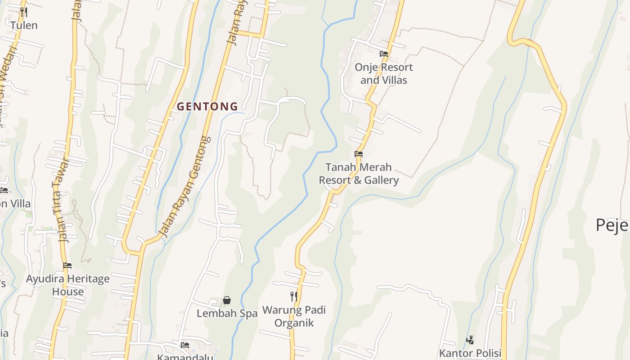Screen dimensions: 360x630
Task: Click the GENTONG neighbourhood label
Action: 207,107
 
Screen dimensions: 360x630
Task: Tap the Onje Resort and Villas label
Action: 383,74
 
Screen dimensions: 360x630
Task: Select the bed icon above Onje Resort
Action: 383,54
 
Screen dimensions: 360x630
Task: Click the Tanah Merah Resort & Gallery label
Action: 359,174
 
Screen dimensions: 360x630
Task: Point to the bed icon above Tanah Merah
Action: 359,154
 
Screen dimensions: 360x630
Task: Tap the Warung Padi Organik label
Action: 294,316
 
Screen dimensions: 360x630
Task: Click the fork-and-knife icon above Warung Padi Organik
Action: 294,296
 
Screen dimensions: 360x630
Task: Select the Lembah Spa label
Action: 227,314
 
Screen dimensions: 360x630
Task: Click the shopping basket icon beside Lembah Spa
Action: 227,300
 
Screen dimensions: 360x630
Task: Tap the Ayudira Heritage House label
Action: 67,285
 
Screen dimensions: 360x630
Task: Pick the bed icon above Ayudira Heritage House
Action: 67,265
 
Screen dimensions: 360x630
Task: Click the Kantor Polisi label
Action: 470,353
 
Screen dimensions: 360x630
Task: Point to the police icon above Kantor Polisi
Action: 470,340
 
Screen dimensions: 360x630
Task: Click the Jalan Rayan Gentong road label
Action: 186,187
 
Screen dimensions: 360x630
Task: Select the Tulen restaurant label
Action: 24,25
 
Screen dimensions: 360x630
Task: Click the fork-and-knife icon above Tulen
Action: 24,12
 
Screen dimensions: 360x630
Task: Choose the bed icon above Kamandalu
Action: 184,345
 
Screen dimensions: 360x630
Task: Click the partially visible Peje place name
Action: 612,225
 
